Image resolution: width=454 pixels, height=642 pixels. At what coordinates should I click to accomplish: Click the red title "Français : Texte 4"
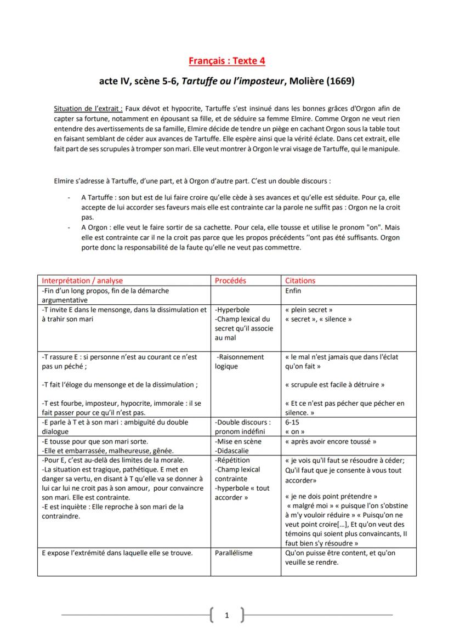227,61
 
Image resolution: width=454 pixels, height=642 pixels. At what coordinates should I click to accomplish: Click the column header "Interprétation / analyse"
82,280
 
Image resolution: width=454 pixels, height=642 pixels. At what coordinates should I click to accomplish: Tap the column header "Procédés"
230,280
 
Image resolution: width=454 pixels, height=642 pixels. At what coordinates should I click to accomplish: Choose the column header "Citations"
300,280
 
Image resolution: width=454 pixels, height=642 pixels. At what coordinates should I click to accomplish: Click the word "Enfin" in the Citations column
293,291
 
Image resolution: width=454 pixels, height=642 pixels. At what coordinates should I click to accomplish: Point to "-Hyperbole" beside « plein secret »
233,309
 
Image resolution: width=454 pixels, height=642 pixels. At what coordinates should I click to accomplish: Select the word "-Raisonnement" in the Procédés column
240,356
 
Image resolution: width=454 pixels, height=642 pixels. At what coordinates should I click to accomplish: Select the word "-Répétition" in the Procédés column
232,460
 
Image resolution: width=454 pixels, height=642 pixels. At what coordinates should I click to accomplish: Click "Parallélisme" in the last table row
234,553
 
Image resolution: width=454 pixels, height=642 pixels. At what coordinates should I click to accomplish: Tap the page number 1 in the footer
227,615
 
